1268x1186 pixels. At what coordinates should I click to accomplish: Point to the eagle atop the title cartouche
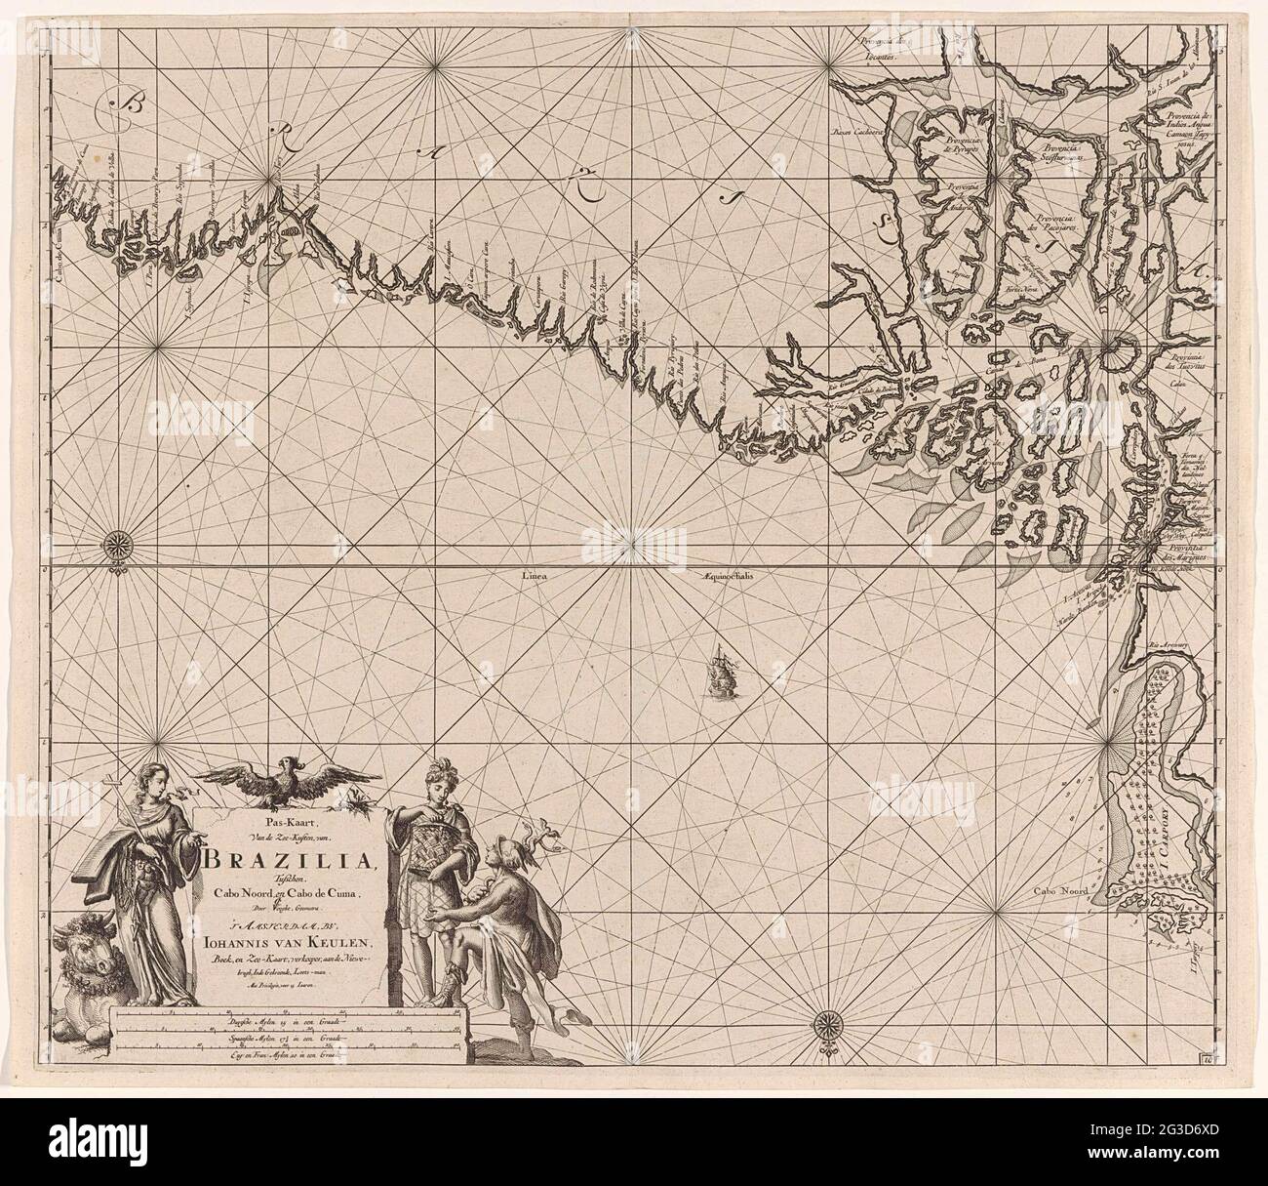point(285,779)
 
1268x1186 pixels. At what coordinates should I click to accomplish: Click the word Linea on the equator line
point(539,575)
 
